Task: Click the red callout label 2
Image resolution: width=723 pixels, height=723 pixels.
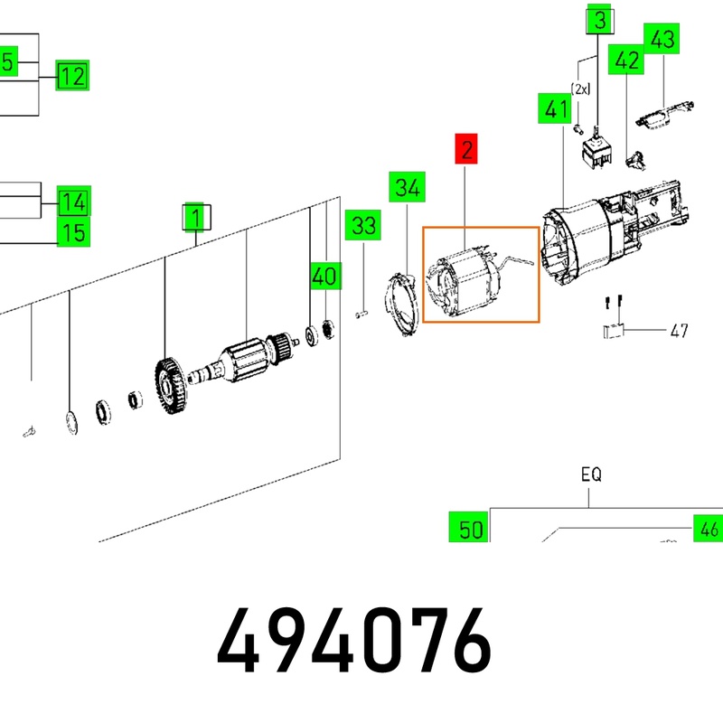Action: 466,148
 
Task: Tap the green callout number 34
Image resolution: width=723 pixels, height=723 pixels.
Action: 408,187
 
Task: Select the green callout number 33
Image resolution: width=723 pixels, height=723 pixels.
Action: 363,225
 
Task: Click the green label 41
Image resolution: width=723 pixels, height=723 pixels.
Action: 555,108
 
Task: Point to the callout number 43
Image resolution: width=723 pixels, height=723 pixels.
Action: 662,38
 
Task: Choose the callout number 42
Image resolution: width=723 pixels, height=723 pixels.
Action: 626,60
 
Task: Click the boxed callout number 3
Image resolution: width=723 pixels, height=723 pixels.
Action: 600,19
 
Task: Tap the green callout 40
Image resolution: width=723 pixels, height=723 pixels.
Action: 326,276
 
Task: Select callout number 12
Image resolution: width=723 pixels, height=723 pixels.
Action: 72,75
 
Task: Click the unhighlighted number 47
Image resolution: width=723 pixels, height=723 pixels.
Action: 679,330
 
